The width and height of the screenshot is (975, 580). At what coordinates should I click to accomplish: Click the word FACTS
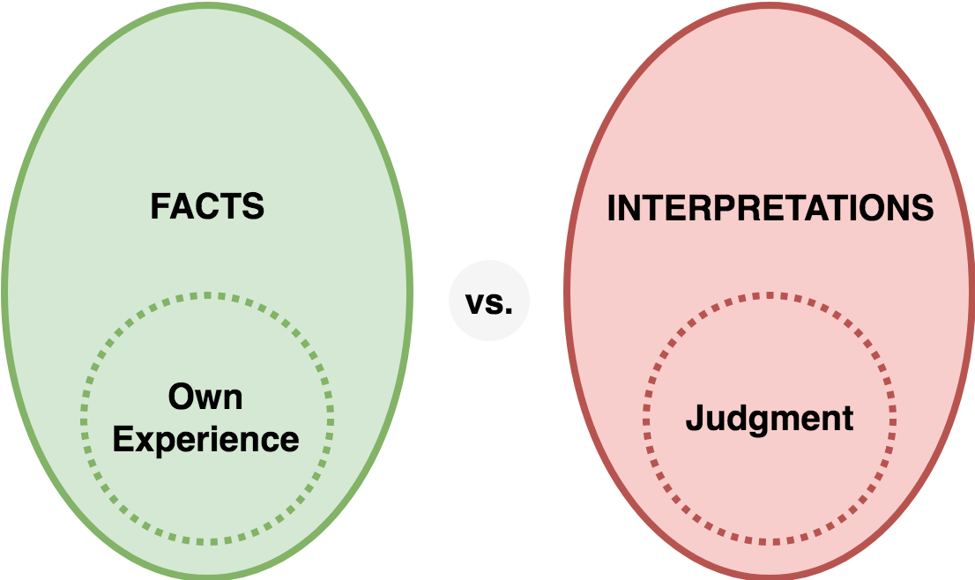tap(207, 206)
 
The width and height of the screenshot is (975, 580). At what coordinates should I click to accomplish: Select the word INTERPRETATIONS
tap(770, 208)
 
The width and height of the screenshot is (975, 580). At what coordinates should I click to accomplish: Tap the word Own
tap(205, 397)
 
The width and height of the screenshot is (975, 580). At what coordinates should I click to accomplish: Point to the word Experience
tap(205, 440)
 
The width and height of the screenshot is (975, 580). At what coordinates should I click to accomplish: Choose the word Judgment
tap(770, 419)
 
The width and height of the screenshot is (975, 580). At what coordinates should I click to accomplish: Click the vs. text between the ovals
tap(488, 302)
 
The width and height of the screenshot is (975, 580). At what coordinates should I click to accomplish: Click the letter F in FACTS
tap(160, 206)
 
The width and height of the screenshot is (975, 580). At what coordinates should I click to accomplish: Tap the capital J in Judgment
tap(695, 417)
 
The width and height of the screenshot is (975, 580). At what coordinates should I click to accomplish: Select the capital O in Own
tap(182, 397)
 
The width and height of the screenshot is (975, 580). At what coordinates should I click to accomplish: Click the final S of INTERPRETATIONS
tap(922, 208)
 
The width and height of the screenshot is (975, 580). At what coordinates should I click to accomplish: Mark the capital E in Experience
tap(123, 440)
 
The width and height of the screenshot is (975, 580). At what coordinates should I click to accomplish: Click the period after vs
tap(509, 311)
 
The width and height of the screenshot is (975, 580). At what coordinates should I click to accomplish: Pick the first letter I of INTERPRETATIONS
tap(611, 208)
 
